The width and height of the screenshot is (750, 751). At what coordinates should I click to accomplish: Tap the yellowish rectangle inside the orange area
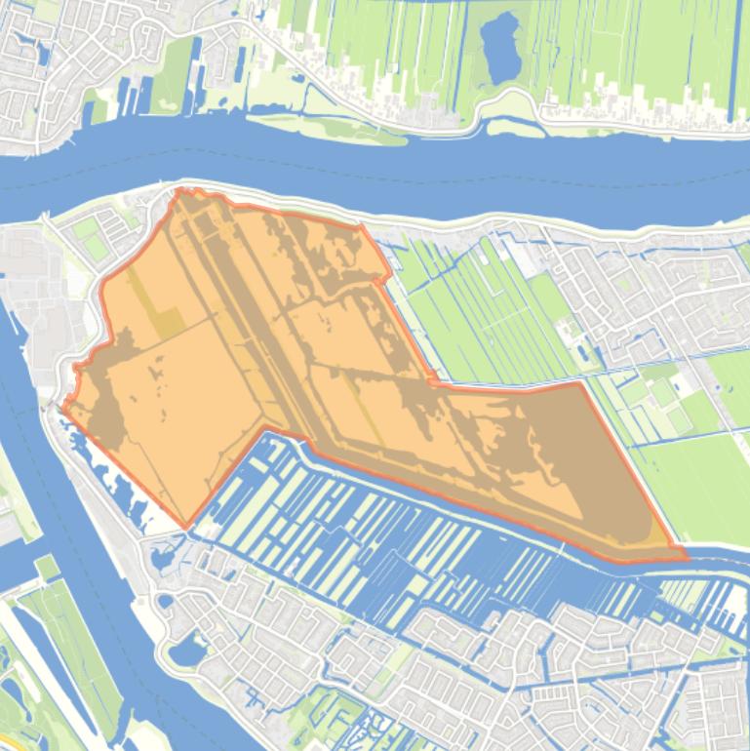coord(168,323)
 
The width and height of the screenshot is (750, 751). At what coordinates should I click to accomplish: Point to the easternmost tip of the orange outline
coord(687,557)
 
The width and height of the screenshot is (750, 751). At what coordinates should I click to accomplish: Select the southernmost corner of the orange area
coord(187,528)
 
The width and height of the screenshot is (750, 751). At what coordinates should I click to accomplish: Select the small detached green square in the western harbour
coord(48,567)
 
